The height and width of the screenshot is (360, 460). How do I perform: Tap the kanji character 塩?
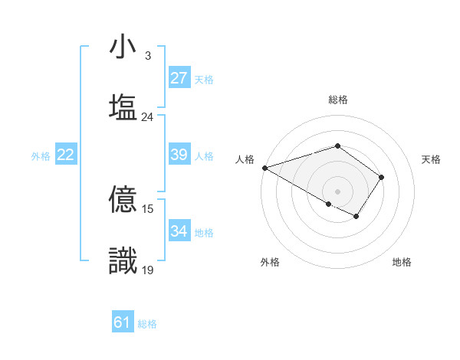[123, 106]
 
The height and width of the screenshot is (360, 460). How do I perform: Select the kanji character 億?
[123, 201]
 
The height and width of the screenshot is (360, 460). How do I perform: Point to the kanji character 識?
[123, 260]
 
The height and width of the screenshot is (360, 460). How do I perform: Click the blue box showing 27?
[179, 78]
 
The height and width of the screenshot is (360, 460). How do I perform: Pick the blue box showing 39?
[179, 155]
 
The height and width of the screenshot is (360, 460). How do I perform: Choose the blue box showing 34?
[179, 231]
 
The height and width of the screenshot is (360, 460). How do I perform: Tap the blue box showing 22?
[66, 155]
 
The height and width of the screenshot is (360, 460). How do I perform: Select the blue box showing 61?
[123, 322]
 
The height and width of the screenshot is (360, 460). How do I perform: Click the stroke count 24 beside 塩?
[148, 117]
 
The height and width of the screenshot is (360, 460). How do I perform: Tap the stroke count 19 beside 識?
[148, 270]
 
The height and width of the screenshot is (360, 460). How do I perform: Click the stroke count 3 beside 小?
[148, 56]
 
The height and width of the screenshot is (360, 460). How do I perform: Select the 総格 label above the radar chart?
[338, 100]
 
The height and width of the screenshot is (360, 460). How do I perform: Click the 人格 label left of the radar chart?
[245, 159]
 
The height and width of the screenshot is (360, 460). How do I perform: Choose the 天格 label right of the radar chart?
[432, 159]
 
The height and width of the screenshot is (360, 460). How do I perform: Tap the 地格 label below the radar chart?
[402, 263]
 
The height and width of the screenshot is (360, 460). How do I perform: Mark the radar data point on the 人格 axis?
[264, 167]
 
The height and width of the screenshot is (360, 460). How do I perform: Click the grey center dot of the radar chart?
[338, 191]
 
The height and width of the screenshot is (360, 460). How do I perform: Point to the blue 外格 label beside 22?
[41, 156]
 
